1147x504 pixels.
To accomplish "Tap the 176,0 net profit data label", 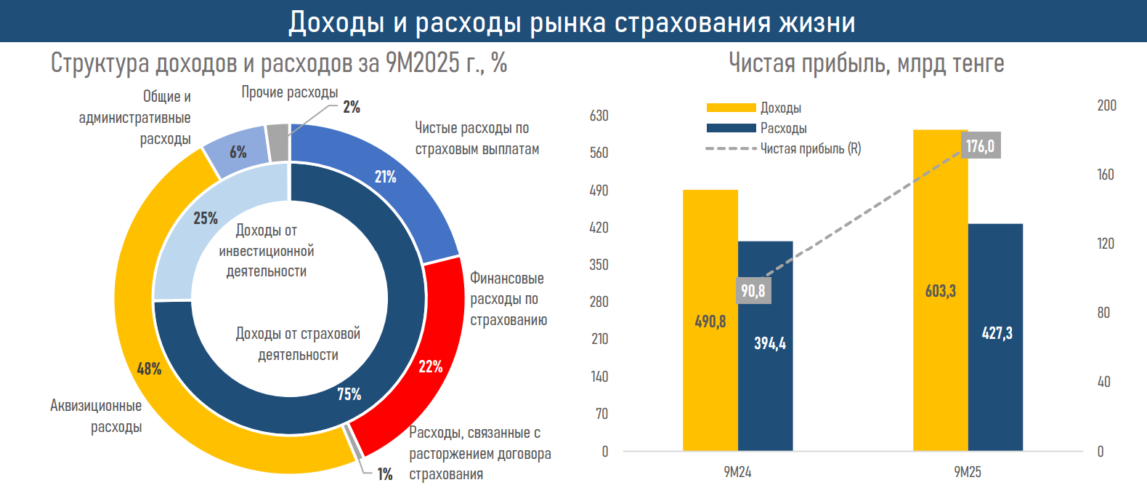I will pos(980,146).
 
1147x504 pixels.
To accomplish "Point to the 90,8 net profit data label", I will pos(753,291).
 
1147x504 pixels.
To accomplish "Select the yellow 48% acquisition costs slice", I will pos(145,349).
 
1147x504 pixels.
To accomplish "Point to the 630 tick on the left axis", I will pos(599,116).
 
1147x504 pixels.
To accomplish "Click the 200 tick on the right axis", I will pos(1106,105).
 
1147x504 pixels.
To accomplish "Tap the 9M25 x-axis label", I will pos(968,472).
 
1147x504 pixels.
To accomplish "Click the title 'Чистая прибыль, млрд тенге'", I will pos(866,63).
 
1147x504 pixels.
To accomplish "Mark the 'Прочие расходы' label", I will pos(289,92).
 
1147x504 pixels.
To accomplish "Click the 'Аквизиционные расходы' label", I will pos(96,416).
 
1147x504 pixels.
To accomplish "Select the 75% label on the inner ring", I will pos(349,394).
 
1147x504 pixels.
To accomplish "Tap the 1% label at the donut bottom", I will pos(384,474).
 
